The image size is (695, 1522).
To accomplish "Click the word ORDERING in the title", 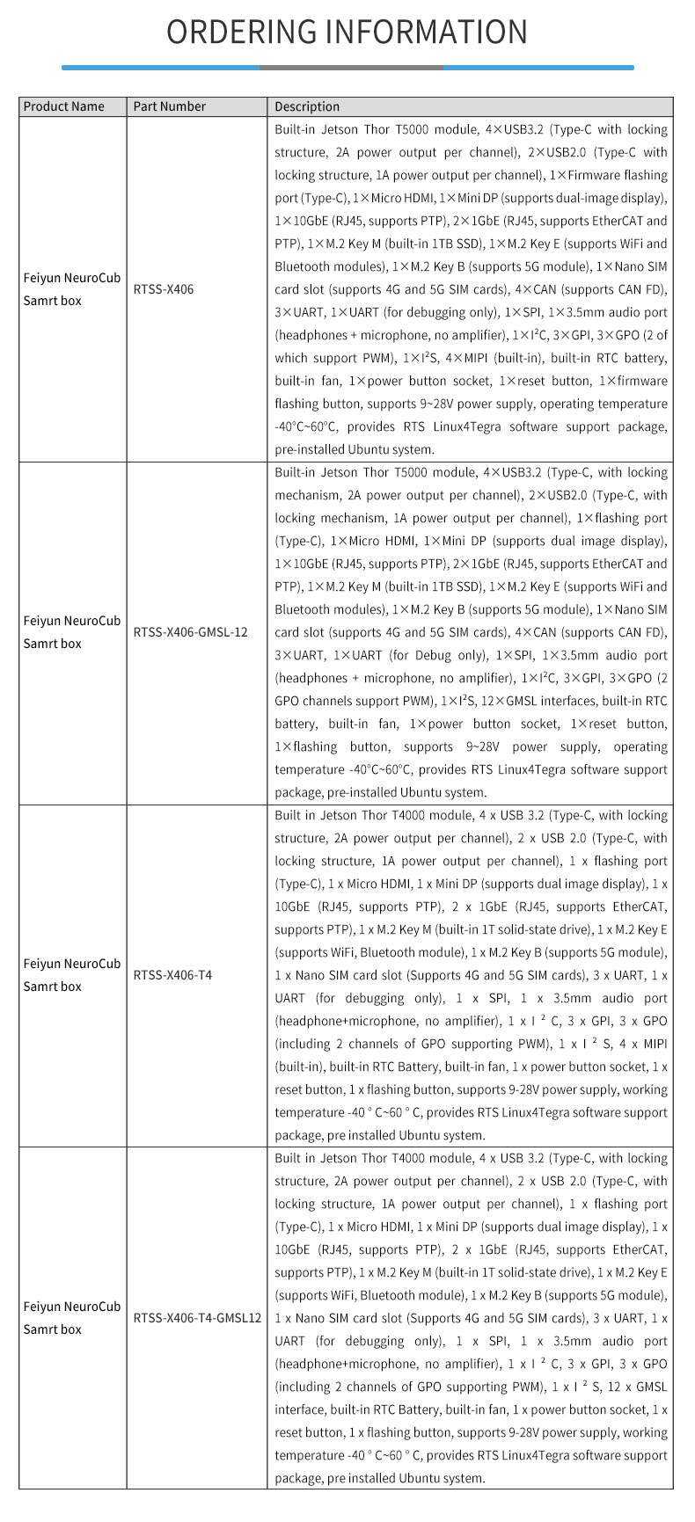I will tap(240, 32).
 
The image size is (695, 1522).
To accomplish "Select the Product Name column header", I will tap(63, 106).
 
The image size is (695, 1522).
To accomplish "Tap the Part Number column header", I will tap(169, 106).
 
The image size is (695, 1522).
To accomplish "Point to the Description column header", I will tap(307, 106).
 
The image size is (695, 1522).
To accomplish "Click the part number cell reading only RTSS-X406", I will tap(164, 288).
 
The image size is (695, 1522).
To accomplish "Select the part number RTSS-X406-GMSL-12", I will tap(190, 631).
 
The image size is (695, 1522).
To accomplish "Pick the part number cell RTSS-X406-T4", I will tap(172, 974).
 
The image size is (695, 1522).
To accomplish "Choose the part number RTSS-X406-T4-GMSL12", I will tap(197, 1317).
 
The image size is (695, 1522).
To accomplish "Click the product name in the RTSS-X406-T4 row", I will tap(71, 974).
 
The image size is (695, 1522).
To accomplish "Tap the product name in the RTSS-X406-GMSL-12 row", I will tap(71, 631).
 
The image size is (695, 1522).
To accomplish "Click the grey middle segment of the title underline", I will tap(351, 67).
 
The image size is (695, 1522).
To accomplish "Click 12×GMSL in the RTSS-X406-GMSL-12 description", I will tap(506, 701).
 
